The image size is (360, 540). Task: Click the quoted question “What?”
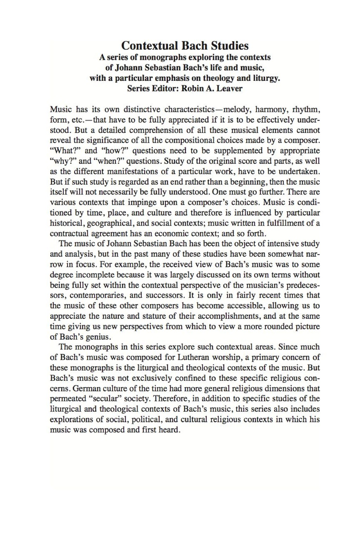66,151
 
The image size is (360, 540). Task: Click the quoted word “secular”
104,399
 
